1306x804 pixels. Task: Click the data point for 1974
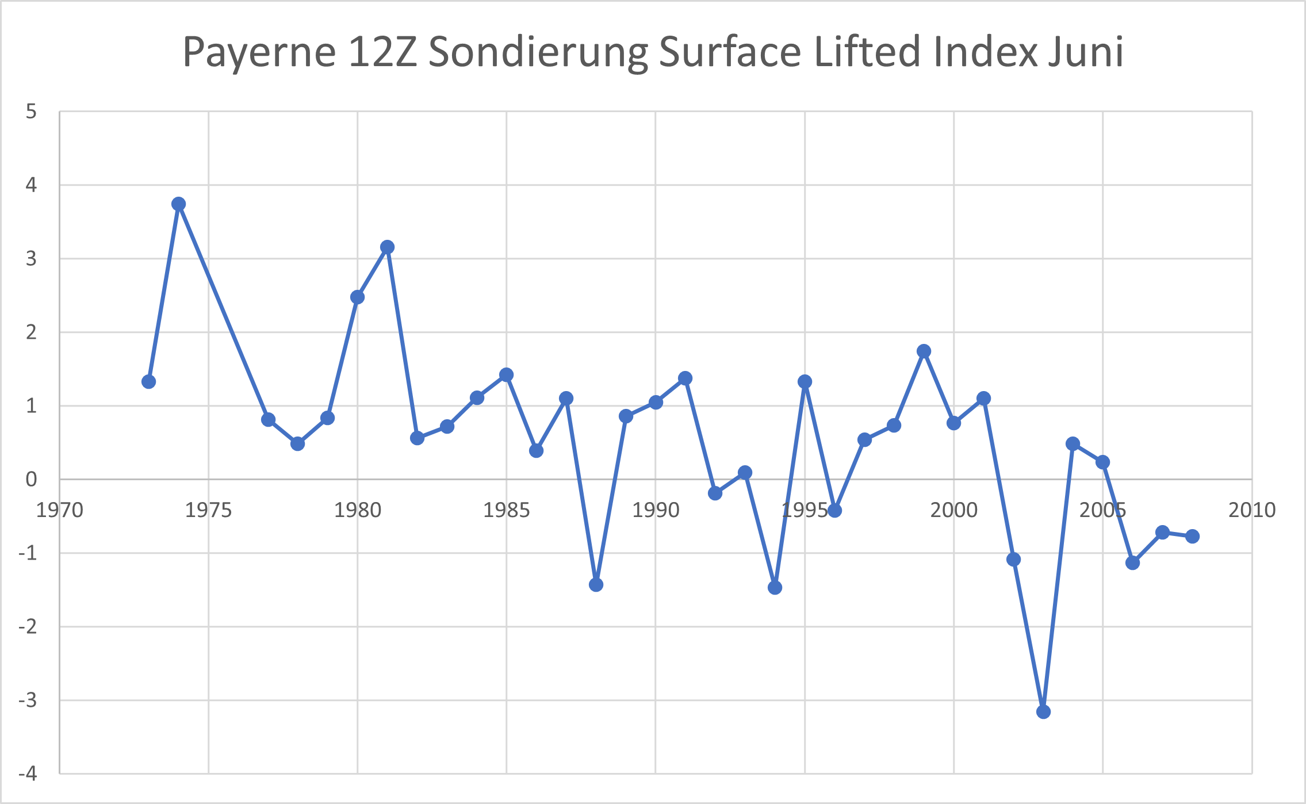tap(178, 204)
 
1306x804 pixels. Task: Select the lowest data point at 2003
tap(1043, 712)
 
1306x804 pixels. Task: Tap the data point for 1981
tap(387, 247)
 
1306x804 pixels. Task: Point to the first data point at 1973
tap(148, 382)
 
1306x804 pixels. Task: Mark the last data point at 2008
tap(1192, 536)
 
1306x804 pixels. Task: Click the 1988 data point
tap(596, 585)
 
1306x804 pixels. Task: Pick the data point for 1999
tap(924, 351)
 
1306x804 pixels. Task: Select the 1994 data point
tap(775, 588)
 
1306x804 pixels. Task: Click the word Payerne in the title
tap(259, 53)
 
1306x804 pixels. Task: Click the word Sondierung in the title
tap(538, 53)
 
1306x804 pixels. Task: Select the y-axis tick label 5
tap(31, 112)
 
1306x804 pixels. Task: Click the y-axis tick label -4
tap(28, 774)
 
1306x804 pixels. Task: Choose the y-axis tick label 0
tap(31, 479)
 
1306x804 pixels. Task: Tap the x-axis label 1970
tap(60, 510)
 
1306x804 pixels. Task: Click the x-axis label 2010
tap(1252, 510)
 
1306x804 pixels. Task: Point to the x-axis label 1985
tap(507, 510)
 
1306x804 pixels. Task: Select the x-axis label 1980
tap(358, 510)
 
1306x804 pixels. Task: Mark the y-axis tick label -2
tap(28, 626)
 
